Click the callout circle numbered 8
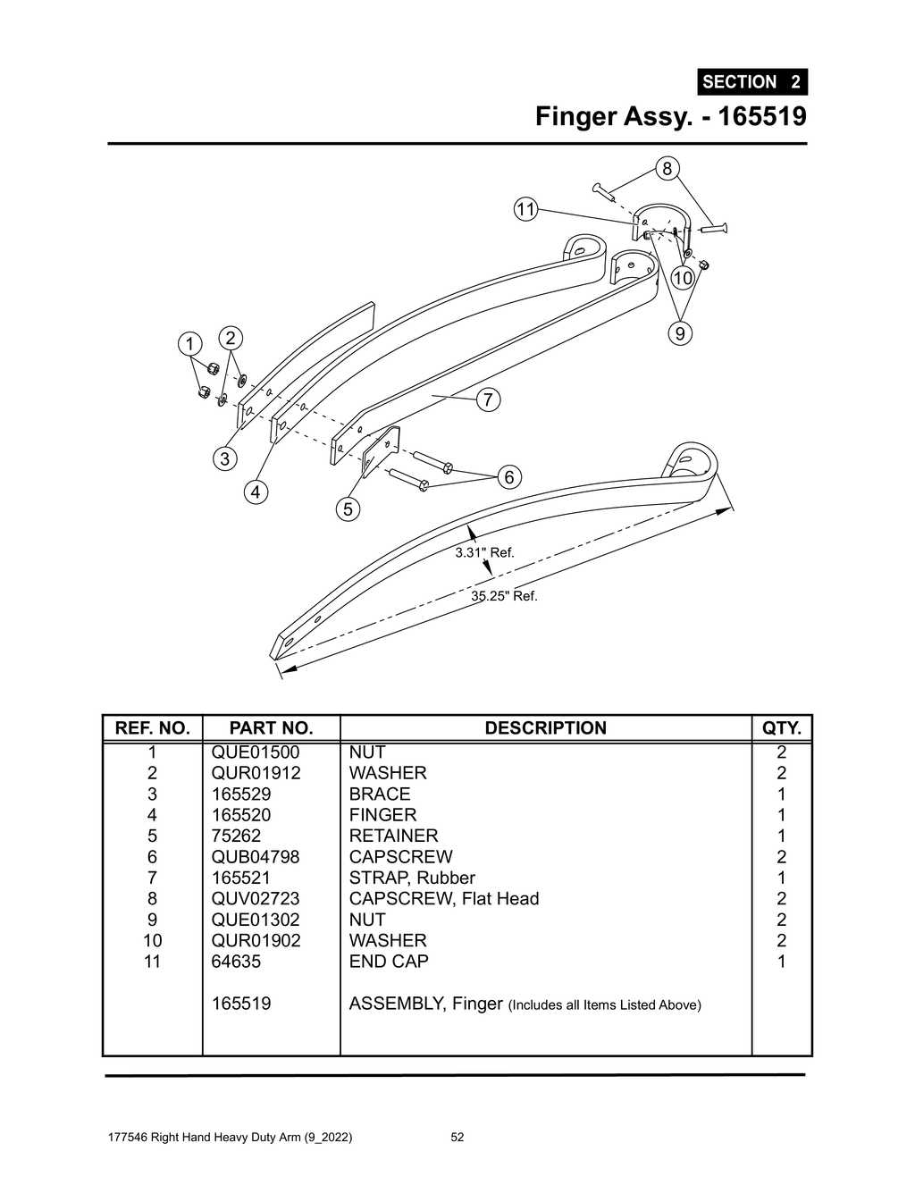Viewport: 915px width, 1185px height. coord(667,168)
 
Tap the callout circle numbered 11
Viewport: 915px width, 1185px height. coord(525,209)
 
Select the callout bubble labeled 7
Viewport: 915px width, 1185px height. coord(488,399)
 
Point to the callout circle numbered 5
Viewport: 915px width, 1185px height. coord(348,509)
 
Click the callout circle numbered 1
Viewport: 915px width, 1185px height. coord(189,344)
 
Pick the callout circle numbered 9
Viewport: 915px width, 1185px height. coord(681,333)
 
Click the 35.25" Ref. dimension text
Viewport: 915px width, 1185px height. coord(505,596)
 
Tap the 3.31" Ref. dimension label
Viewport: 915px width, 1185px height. coord(484,552)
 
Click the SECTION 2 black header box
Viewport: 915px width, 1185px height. coord(751,82)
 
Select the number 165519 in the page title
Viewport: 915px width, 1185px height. coord(762,116)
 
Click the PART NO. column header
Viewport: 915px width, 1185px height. coord(271,728)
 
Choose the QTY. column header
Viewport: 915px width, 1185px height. coord(781,728)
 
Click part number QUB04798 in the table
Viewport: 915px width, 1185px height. coord(256,857)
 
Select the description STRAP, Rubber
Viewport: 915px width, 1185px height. coord(412,878)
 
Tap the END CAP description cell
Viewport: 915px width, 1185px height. coord(389,962)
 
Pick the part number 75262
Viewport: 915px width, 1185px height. coord(236,836)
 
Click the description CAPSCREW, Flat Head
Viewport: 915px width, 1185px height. coord(444,898)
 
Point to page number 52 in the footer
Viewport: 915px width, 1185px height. coord(457,1138)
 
